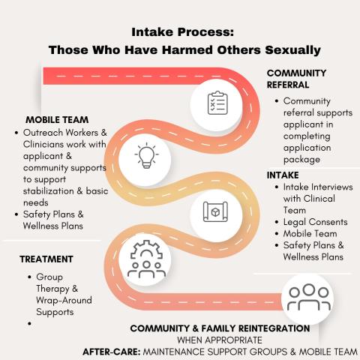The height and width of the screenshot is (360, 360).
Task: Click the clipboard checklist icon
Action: pyautogui.click(x=217, y=103)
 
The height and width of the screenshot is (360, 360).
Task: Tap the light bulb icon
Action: pyautogui.click(x=146, y=155)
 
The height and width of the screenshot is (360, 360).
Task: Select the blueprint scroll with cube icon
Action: pyautogui.click(x=215, y=211)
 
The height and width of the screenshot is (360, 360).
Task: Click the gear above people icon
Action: pyautogui.click(x=146, y=259)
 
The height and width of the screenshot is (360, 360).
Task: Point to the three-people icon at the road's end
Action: pyautogui.click(x=309, y=297)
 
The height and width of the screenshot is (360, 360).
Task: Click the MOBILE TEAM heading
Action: pyautogui.click(x=57, y=120)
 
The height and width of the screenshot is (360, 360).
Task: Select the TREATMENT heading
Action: pyautogui.click(x=46, y=259)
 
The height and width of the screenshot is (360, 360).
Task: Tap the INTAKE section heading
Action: pyautogui.click(x=283, y=175)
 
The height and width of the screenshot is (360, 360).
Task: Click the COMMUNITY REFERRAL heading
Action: pyautogui.click(x=296, y=79)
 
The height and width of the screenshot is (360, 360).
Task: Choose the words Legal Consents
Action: pyautogui.click(x=316, y=222)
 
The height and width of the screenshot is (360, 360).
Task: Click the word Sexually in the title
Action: pyautogui.click(x=293, y=50)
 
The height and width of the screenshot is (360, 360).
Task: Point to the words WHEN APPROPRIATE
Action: pyautogui.click(x=220, y=340)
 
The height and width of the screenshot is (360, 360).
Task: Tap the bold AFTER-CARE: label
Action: pyautogui.click(x=112, y=352)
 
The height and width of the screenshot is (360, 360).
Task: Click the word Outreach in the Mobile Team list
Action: pyautogui.click(x=43, y=133)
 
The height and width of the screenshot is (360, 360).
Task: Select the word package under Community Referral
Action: pyautogui.click(x=301, y=160)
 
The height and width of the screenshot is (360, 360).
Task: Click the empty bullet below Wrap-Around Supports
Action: pyautogui.click(x=30, y=323)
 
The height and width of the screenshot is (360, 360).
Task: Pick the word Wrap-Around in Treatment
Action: pyautogui.click(x=64, y=300)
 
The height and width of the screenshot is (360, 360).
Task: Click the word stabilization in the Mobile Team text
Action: pyautogui.click(x=49, y=191)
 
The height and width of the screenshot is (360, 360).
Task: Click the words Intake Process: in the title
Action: pyautogui.click(x=183, y=32)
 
